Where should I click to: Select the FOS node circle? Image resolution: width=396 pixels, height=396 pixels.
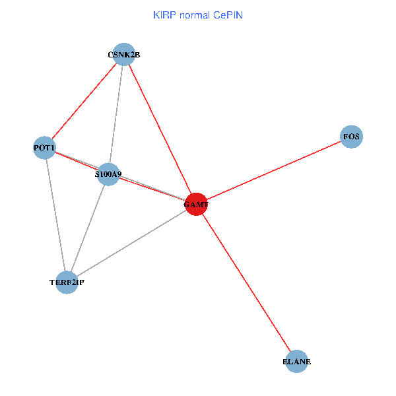(351, 137)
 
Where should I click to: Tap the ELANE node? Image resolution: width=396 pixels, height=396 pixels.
(296, 362)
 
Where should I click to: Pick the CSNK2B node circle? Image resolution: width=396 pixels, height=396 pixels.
(124, 55)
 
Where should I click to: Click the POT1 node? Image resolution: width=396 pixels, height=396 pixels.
(44, 148)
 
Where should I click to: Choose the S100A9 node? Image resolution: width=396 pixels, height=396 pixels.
(108, 174)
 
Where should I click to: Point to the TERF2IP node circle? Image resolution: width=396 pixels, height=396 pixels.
(67, 282)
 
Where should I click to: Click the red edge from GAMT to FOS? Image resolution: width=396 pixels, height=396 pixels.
(274, 171)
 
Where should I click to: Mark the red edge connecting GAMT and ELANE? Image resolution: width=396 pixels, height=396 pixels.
(246, 283)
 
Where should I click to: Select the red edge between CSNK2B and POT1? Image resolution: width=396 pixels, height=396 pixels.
(84, 101)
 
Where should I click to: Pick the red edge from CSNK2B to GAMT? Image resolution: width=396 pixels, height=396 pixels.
(160, 130)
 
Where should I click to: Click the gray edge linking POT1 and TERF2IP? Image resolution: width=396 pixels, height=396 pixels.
(55, 215)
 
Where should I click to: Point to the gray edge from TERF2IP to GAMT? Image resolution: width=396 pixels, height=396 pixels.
(131, 244)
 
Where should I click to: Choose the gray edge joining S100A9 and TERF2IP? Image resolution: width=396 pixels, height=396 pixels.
(88, 228)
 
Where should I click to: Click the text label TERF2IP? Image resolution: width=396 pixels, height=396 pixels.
(67, 282)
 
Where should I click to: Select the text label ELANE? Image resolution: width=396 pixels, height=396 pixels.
(296, 362)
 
